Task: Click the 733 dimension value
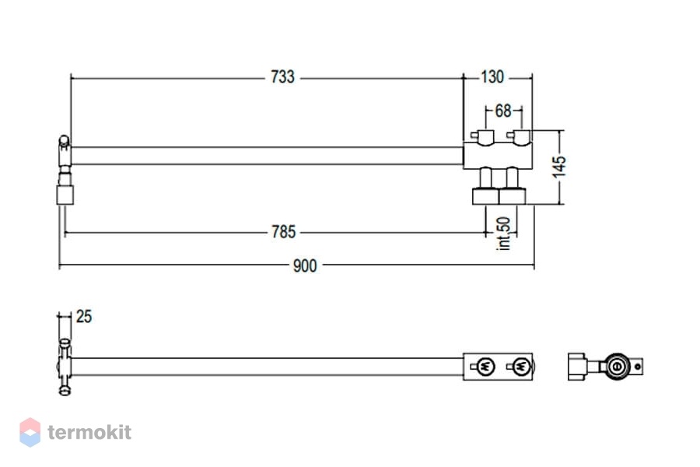tap(282, 77)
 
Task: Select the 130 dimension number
tap(492, 77)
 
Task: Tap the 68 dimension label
tap(502, 111)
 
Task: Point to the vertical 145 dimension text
tap(559, 167)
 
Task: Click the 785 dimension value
tap(283, 232)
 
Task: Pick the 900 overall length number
tap(305, 266)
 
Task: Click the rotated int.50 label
tap(503, 233)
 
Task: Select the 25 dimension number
tap(84, 317)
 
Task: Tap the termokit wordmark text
tap(89, 432)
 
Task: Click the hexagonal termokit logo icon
tap(30, 432)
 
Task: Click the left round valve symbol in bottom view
tap(485, 367)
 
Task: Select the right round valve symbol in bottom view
tap(521, 367)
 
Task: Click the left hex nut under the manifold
tap(485, 197)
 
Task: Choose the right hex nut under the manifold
tap(512, 197)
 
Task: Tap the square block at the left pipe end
tap(65, 195)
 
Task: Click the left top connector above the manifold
tap(483, 137)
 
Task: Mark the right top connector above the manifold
tap(519, 137)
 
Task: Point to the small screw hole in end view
tap(638, 367)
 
